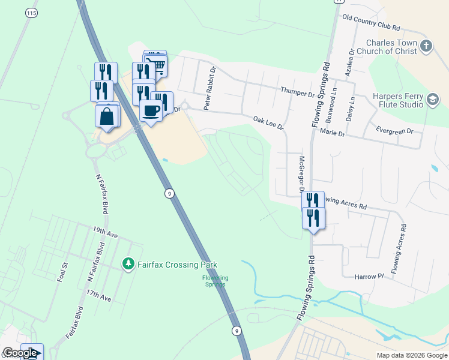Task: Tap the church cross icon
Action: click(x=426, y=46)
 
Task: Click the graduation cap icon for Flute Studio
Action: click(x=432, y=100)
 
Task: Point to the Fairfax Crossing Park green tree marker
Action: click(x=128, y=264)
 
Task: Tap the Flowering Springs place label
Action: click(x=215, y=281)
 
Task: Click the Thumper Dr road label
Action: click(x=298, y=94)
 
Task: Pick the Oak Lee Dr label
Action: click(x=267, y=122)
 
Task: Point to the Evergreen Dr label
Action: click(x=394, y=130)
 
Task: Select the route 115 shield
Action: click(x=29, y=13)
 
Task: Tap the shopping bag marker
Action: click(x=107, y=116)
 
